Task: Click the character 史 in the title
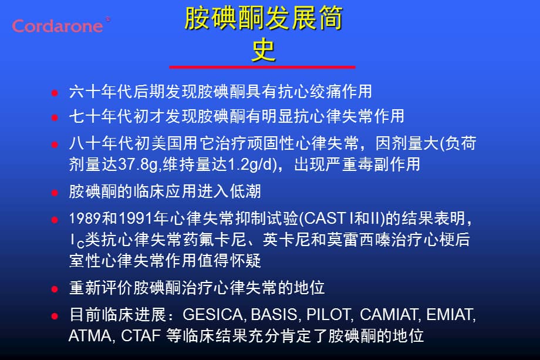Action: coord(264,51)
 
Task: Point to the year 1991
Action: coord(134,218)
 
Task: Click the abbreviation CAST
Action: coord(324,218)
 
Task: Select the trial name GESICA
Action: coord(214,315)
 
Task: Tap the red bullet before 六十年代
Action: coord(55,93)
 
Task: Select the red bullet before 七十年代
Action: coord(55,117)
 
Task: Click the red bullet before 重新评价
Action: coord(55,289)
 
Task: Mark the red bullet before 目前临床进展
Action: coord(55,315)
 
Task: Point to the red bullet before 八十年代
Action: coord(55,144)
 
